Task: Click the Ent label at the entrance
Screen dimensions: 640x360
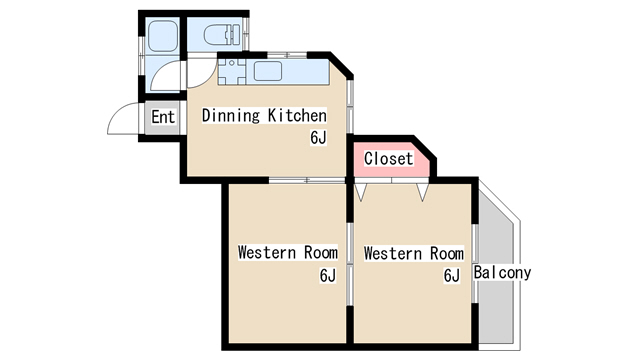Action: tap(163, 117)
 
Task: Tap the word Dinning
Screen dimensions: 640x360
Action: tap(231, 116)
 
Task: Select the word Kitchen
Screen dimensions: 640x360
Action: tap(297, 116)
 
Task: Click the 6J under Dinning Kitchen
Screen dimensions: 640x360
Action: tap(318, 138)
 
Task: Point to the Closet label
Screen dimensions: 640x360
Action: tap(389, 158)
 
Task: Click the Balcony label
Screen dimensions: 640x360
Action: tap(502, 273)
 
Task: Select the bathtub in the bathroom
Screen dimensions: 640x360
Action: tap(162, 36)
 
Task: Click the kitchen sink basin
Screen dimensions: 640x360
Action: tap(268, 71)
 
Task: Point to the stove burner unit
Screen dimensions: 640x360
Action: tap(231, 72)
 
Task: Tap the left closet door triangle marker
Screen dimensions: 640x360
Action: tap(361, 192)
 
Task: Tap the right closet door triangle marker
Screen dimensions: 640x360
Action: tap(423, 192)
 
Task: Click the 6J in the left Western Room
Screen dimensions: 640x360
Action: tap(328, 276)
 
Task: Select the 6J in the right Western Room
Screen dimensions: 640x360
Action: tap(452, 276)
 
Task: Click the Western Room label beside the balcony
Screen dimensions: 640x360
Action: tap(414, 253)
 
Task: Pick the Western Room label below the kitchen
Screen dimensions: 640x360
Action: tap(288, 253)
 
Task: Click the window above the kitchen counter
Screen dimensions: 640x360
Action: tap(287, 55)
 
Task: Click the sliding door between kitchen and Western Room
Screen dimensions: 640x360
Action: tap(307, 180)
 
